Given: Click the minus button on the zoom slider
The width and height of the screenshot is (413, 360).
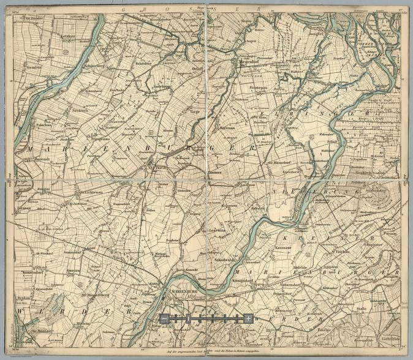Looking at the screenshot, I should coord(165,318).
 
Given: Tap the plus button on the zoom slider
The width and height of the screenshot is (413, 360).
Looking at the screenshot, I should coord(248,318).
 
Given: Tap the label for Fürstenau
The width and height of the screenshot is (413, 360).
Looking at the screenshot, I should coord(260,89).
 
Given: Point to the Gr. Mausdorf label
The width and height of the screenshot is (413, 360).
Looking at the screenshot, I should coord(279,163).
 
